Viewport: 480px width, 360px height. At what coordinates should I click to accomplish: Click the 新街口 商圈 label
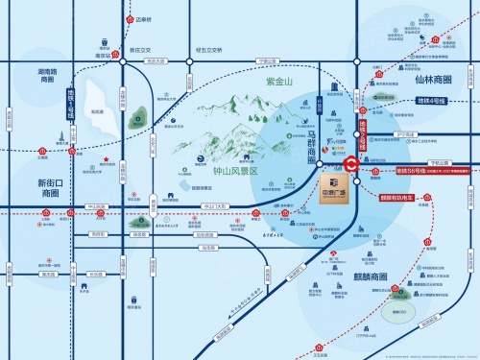click(50, 188)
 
